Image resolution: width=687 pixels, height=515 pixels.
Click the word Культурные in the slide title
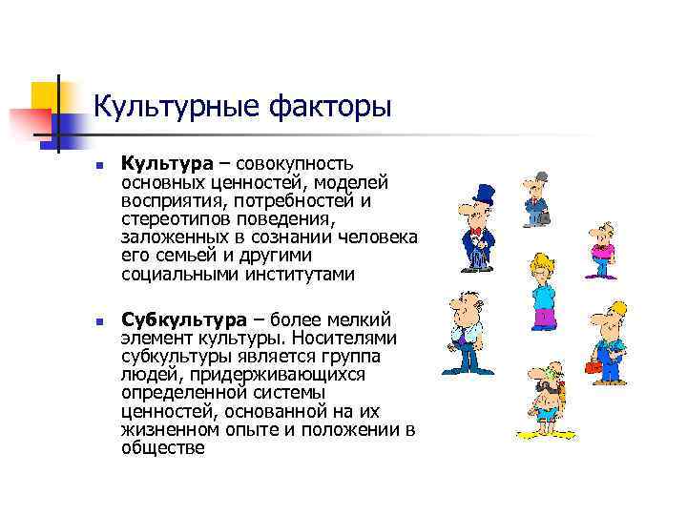point(161,106)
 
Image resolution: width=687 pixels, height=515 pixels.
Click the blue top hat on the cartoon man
point(483,195)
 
